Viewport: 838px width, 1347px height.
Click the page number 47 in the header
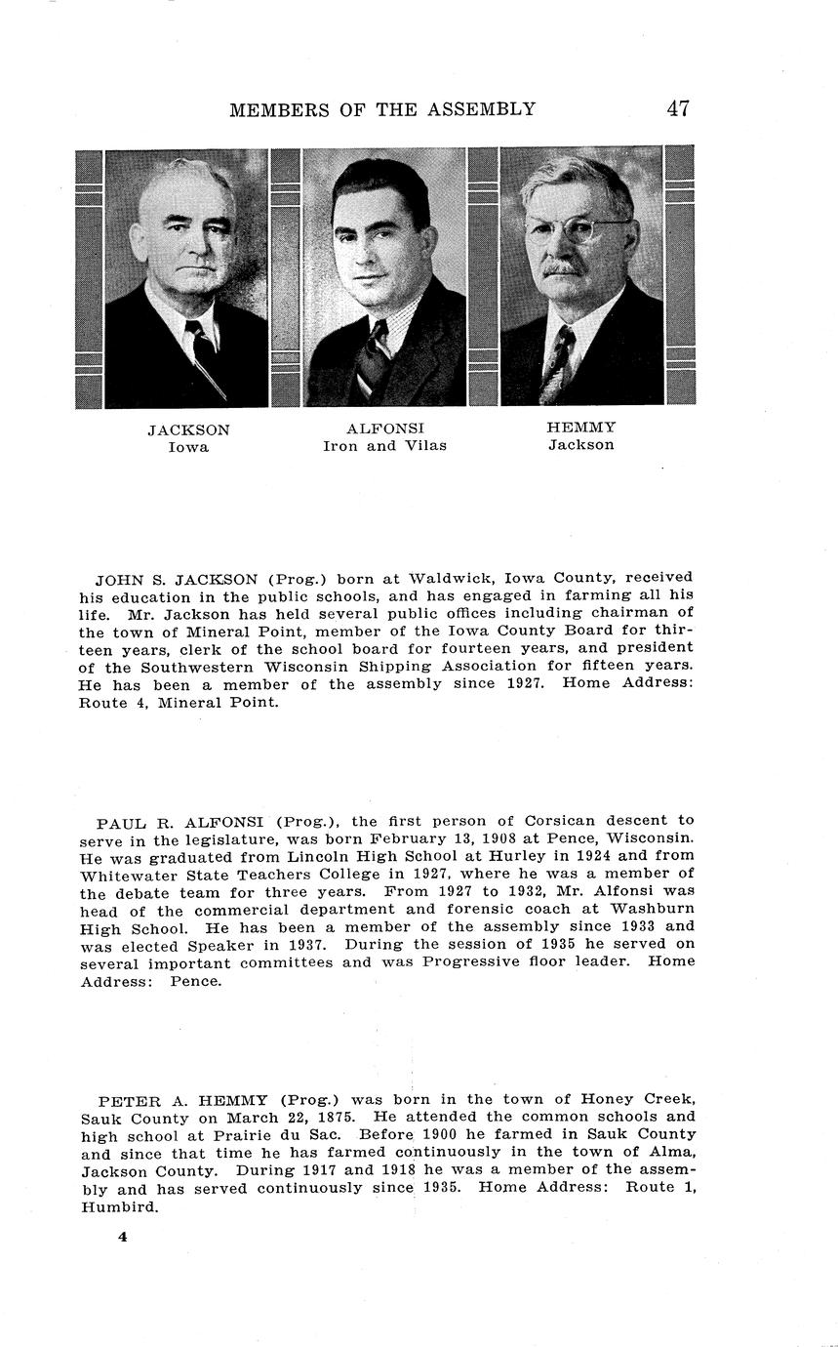pyautogui.click(x=678, y=108)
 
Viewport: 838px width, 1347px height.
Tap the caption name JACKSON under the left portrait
pyautogui.click(x=189, y=429)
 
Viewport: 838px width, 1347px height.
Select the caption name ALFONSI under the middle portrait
pyautogui.click(x=385, y=429)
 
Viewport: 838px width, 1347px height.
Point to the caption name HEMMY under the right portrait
pyautogui.click(x=580, y=428)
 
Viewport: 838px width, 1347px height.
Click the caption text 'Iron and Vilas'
pyautogui.click(x=385, y=446)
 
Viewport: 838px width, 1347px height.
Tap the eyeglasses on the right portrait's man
pyautogui.click(x=576, y=231)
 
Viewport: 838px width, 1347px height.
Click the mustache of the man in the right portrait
pyautogui.click(x=563, y=267)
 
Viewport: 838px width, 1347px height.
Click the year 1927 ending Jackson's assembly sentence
pyautogui.click(x=525, y=684)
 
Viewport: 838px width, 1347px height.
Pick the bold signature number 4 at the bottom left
pyautogui.click(x=123, y=1237)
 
